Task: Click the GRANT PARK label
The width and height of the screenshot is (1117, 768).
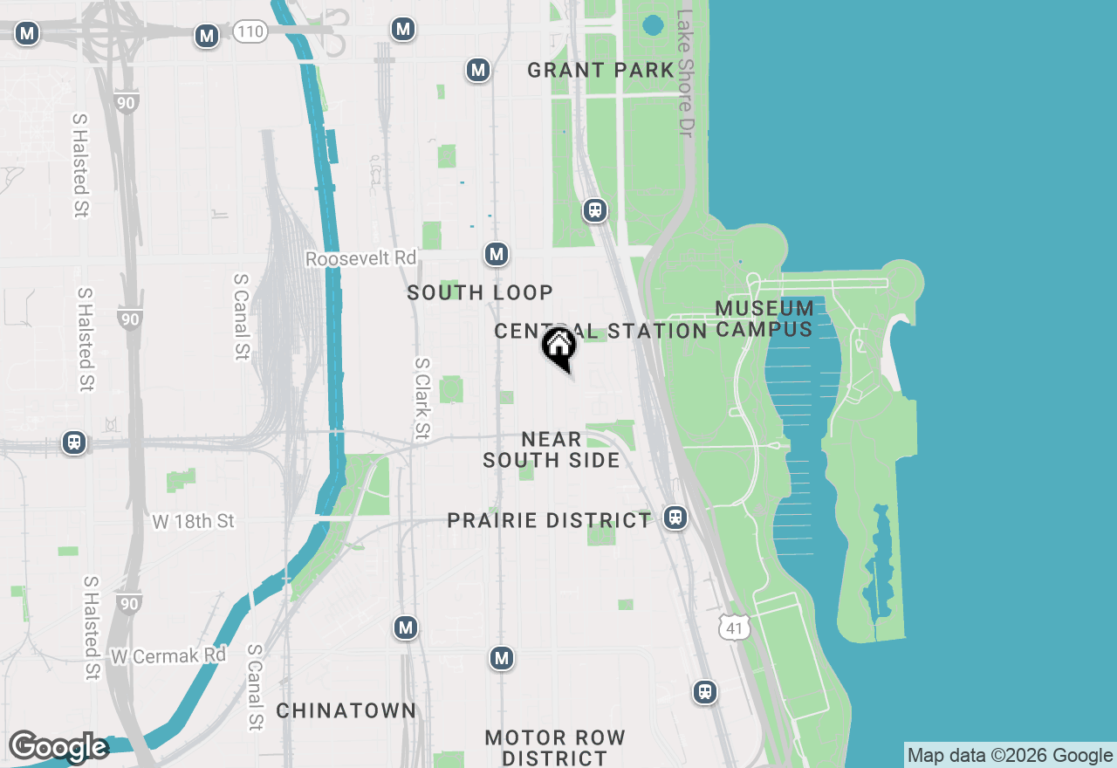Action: pos(600,70)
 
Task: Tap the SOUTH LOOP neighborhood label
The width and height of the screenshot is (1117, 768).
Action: pos(480,293)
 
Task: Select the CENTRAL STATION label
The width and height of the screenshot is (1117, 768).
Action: pos(600,331)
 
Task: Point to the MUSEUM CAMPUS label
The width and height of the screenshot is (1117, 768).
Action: pos(764,319)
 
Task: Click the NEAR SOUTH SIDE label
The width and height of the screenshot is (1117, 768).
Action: pos(552,449)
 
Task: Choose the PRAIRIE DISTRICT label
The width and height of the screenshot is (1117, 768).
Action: pos(549,521)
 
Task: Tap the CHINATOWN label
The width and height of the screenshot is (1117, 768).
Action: pos(346,710)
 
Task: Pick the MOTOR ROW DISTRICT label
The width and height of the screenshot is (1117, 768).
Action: pos(555,748)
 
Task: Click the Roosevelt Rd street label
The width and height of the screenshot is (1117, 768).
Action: pos(361,259)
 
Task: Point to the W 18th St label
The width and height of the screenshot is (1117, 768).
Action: pos(194,521)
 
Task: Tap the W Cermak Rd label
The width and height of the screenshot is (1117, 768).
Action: pos(168,655)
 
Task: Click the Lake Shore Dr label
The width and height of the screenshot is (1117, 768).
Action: pos(685,72)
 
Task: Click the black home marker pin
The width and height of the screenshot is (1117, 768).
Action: pos(559,346)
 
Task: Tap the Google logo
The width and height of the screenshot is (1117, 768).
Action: pos(58,747)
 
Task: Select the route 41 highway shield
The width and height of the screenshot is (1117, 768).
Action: pos(735,627)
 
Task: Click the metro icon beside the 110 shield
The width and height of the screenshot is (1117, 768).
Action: pos(207,36)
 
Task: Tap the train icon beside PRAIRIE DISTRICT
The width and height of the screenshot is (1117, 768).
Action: pos(675,518)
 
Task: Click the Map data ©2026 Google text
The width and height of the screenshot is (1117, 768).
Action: pos(1010,756)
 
